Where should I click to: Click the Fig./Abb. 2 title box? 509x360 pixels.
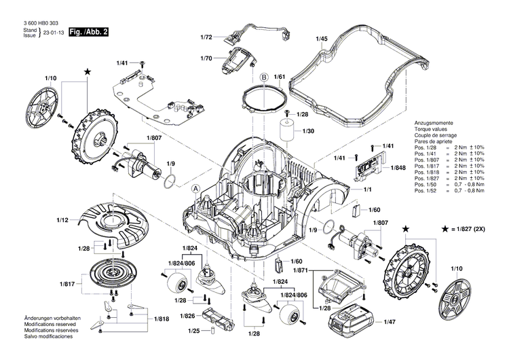[x=89, y=33]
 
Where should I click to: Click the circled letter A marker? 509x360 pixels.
[x=197, y=187]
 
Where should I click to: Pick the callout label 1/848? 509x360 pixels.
[x=398, y=167]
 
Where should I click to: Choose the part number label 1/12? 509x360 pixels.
[x=62, y=219]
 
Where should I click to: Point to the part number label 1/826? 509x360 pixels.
[x=188, y=316]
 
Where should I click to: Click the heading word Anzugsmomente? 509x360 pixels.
[x=434, y=124]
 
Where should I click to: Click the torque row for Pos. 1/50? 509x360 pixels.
[x=449, y=185]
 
